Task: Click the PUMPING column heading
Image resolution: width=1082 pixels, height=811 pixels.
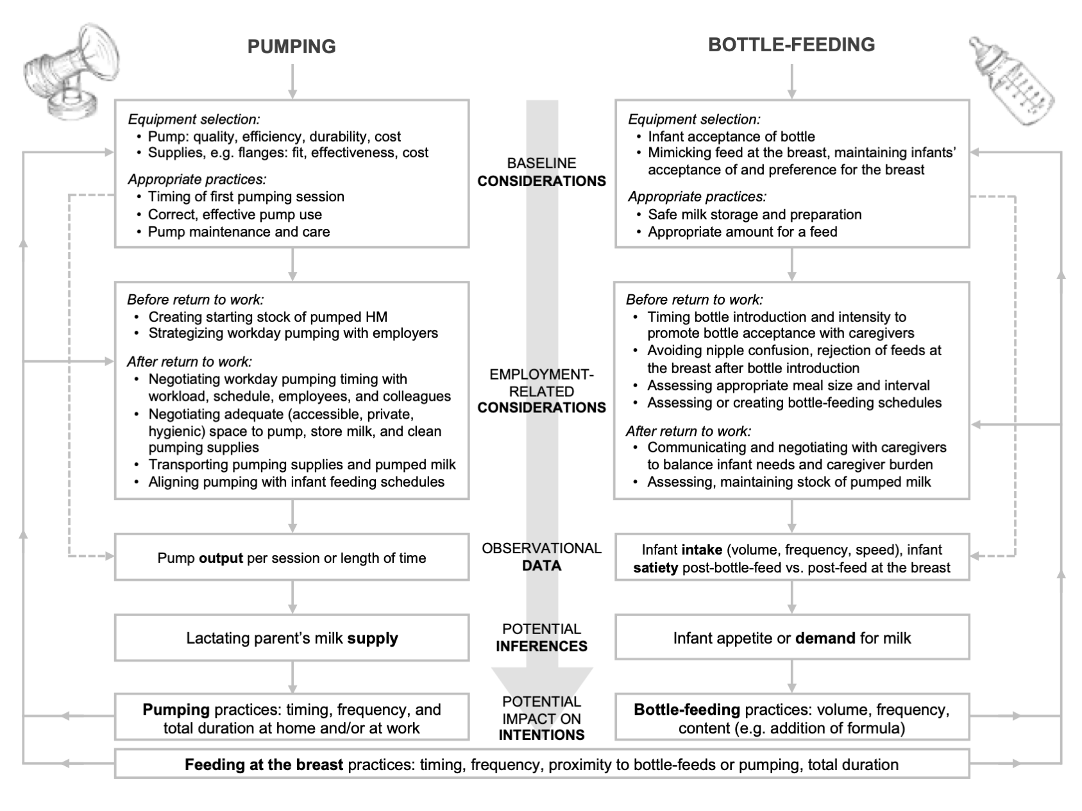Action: point(291,46)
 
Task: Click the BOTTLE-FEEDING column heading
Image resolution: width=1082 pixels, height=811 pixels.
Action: point(791,44)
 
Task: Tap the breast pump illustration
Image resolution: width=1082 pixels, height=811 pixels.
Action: point(71,70)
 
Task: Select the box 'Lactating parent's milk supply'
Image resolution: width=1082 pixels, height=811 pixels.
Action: point(292,638)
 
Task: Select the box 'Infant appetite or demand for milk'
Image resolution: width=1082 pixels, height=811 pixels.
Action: point(791,638)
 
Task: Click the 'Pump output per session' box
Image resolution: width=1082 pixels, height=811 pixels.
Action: point(292,558)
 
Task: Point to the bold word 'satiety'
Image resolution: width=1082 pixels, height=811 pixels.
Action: point(655,567)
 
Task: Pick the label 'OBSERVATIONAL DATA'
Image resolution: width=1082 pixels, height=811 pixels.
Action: point(541,556)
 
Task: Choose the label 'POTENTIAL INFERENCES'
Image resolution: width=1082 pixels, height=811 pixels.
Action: point(541,637)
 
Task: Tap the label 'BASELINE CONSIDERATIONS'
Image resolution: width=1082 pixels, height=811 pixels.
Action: point(541,172)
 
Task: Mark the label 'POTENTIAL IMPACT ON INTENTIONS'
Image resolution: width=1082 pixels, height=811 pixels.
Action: point(541,718)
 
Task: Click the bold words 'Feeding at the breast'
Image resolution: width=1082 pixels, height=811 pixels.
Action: point(264,764)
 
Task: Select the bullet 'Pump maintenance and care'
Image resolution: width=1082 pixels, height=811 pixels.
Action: point(239,232)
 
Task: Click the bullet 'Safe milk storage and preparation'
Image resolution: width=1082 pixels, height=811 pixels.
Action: point(754,215)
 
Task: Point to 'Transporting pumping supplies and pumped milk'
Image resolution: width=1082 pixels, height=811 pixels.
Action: point(302,465)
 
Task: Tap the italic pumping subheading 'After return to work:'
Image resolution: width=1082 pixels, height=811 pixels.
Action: point(189,362)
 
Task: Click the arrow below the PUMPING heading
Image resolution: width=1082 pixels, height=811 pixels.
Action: point(292,82)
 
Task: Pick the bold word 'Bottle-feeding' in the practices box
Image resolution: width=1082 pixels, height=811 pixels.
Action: point(686,710)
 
